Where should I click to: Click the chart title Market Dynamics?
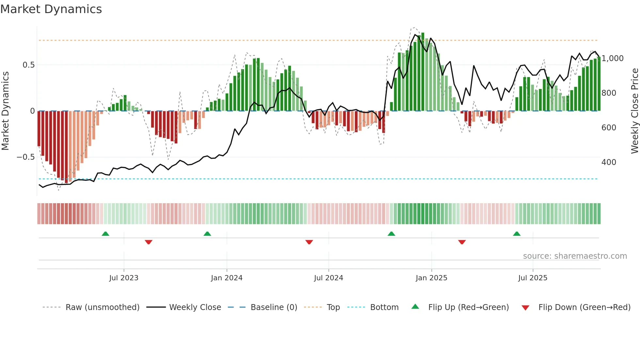click(x=51, y=9)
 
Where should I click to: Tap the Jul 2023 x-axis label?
click(x=124, y=278)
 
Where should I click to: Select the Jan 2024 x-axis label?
click(x=227, y=278)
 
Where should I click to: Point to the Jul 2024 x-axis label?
click(x=328, y=278)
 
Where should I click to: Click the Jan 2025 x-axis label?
click(x=431, y=278)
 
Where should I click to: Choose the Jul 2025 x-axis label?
click(x=533, y=278)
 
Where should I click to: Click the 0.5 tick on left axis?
click(x=28, y=65)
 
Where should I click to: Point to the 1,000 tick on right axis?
click(x=613, y=58)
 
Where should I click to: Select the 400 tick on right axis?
click(x=609, y=162)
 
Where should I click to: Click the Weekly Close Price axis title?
click(x=634, y=111)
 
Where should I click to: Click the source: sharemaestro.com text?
click(x=575, y=256)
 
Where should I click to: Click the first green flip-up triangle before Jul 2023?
click(x=105, y=234)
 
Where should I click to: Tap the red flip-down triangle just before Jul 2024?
click(x=309, y=242)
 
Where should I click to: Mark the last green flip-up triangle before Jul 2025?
click(x=517, y=234)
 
